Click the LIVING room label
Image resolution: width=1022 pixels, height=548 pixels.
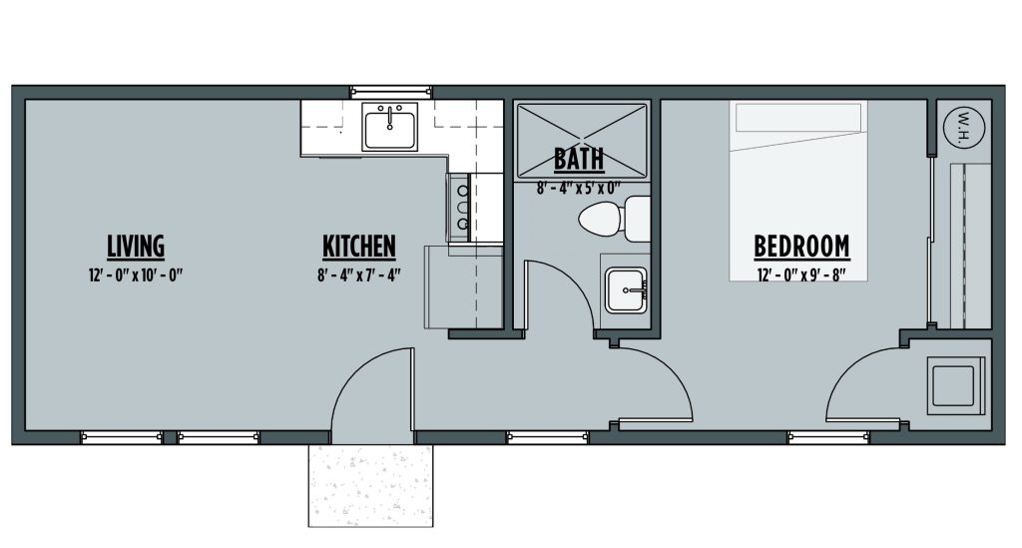[136, 247]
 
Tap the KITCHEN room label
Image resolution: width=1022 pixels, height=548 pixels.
[359, 247]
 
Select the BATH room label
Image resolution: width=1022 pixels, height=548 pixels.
[579, 159]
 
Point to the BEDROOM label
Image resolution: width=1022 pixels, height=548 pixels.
[801, 247]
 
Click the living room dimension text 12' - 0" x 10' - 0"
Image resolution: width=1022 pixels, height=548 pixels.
[136, 274]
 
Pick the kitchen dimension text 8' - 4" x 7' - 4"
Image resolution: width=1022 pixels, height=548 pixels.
[359, 274]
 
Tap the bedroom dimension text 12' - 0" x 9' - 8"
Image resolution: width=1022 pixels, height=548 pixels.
[801, 274]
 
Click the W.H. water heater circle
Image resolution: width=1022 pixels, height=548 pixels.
[964, 127]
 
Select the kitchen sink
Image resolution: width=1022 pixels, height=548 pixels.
[390, 127]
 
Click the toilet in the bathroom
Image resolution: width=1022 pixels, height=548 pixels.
[614, 219]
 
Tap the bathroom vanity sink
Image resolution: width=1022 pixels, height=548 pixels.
[626, 289]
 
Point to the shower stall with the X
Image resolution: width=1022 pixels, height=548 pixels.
[582, 141]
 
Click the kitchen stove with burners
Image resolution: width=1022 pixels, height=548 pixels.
[459, 208]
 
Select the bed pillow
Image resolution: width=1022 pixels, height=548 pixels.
[798, 118]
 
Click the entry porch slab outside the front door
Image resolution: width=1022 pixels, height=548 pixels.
[371, 485]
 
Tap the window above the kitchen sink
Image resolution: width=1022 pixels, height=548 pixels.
[390, 92]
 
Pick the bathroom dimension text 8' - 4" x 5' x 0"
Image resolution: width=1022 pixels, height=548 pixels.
[579, 189]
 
